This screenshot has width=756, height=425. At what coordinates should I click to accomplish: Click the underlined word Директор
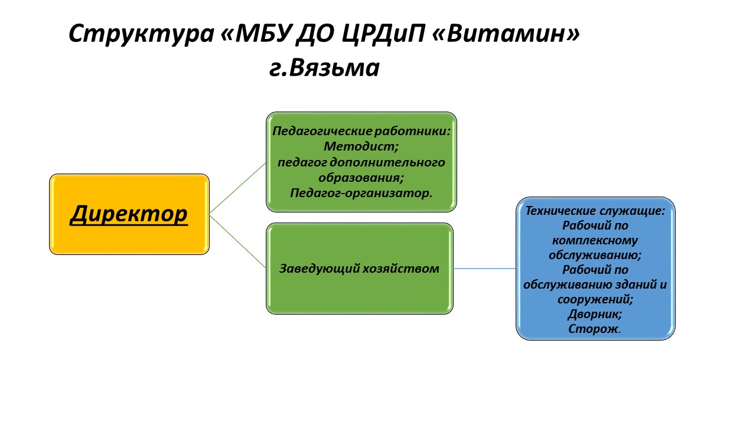pos(129,214)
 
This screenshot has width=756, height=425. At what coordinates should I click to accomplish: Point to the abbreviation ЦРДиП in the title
pos(383,34)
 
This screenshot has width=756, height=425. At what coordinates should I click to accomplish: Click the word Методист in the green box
pos(360,146)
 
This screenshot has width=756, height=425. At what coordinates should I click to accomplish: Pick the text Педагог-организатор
pos(361,193)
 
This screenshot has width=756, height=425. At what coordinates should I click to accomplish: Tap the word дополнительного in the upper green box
pos(387,162)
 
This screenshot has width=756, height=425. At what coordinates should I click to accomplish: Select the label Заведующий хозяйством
pos(360,269)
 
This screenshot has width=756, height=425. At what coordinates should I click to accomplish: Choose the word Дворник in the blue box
pos(594,315)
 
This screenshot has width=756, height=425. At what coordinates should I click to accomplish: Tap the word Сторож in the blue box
pos(592,329)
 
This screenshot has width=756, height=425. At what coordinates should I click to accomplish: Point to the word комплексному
pos(595,240)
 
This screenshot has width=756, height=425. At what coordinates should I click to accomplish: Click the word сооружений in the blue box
pos(594,299)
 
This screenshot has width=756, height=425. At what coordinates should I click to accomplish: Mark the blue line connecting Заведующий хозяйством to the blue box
pos(484,269)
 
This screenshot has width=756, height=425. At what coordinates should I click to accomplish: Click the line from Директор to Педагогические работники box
pos(237,188)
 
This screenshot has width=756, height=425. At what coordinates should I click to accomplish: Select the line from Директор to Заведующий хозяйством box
pos(237,241)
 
